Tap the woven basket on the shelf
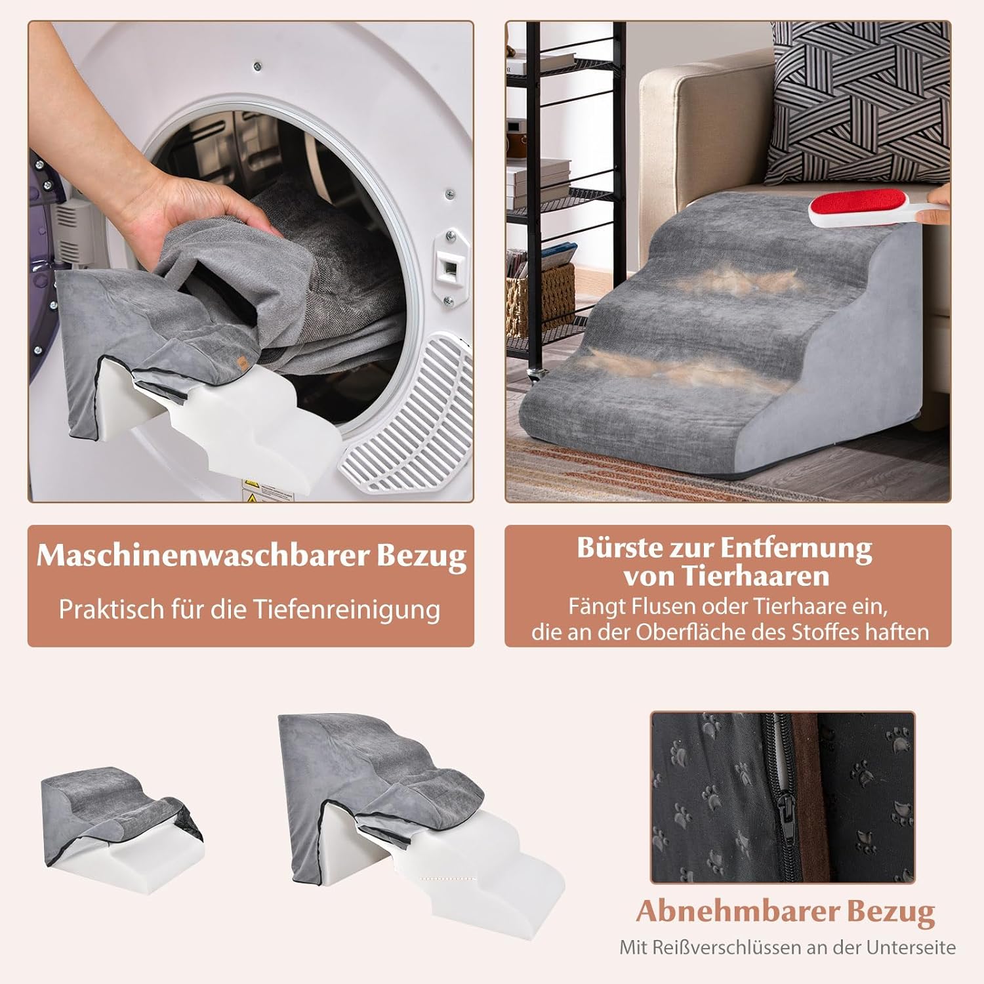539,298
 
